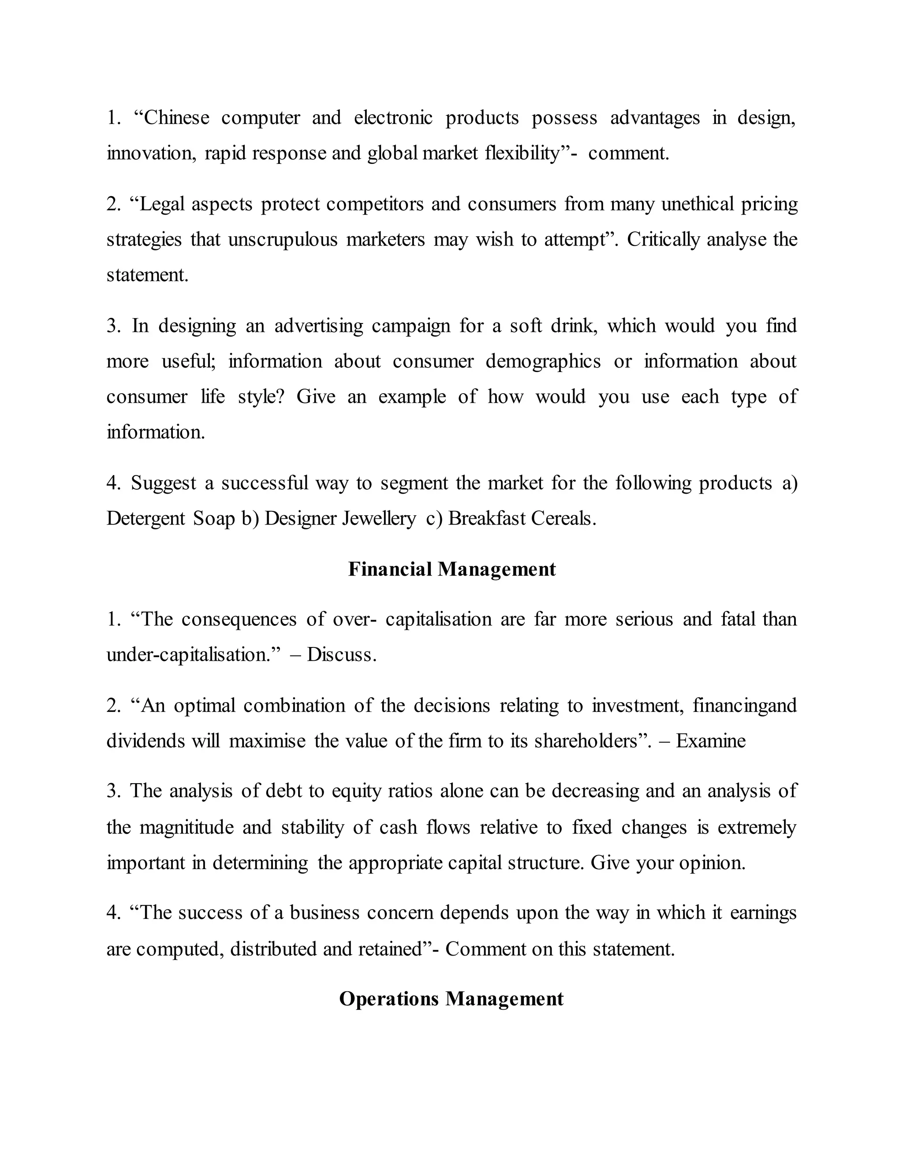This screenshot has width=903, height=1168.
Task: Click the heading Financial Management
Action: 451,569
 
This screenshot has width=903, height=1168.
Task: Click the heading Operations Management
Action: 451,999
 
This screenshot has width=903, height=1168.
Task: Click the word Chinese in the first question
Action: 176,118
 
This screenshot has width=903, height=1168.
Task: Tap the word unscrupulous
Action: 283,240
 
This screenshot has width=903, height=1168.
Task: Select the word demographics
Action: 543,361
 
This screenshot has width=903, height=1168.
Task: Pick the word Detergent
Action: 146,518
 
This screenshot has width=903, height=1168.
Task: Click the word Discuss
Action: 341,655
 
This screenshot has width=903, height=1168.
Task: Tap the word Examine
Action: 710,741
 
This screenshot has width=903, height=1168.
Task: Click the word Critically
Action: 663,240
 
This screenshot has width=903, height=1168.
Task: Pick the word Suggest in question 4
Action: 164,483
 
